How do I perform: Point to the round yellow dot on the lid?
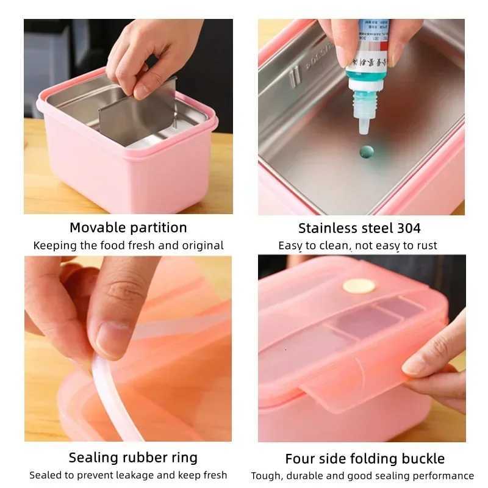click(x=359, y=285)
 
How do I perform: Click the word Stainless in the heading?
click(x=328, y=229)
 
